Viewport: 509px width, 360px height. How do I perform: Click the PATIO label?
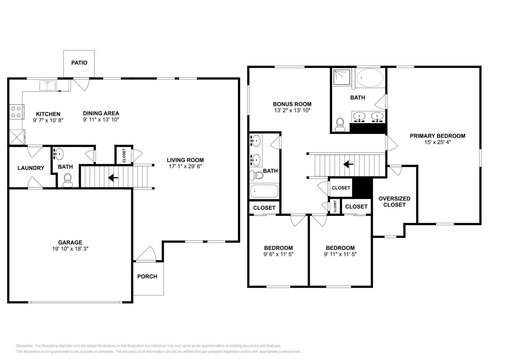(79, 63)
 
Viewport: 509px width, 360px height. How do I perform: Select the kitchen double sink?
(47, 86)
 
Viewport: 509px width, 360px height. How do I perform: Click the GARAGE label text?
(70, 242)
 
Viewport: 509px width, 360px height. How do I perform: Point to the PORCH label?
(147, 276)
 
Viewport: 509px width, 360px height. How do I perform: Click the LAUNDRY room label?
(31, 168)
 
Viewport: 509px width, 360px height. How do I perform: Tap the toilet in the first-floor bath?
(67, 180)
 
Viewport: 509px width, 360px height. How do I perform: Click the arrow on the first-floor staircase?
(113, 177)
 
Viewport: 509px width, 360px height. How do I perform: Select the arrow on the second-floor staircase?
(348, 164)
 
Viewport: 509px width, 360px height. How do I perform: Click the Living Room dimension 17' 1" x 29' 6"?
(185, 166)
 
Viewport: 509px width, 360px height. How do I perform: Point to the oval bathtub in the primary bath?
(370, 78)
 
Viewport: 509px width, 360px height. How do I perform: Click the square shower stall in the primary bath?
(342, 77)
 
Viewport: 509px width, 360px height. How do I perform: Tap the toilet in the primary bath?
(340, 125)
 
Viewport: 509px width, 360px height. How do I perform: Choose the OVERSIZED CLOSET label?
(394, 202)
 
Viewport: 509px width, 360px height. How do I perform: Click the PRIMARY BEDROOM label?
(437, 136)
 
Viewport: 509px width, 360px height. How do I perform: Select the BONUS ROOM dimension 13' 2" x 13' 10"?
(292, 110)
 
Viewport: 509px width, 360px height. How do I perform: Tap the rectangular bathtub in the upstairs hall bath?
(264, 191)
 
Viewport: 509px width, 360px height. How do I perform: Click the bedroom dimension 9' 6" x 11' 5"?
(278, 254)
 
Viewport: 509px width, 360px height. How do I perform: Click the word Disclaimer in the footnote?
(25, 346)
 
